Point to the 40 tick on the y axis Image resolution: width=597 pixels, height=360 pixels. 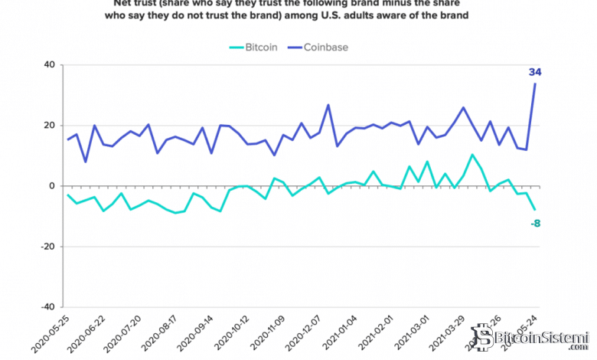(48, 65)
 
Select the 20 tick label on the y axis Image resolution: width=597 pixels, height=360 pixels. (48, 126)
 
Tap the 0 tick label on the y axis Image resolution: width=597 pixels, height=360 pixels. (51, 186)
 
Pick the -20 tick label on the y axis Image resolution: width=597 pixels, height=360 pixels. (47, 247)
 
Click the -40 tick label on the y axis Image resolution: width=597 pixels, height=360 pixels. (47, 307)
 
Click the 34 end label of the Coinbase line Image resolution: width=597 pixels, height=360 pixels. (535, 72)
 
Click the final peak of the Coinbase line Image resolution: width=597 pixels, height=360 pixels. (534, 83)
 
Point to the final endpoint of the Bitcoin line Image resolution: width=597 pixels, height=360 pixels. (534, 210)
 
